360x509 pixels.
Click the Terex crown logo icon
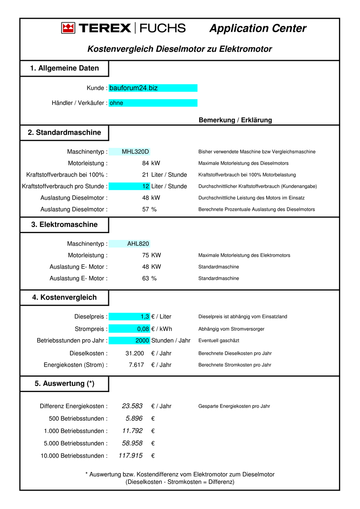pyautogui.click(x=68, y=28)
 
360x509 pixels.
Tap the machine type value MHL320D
pyautogui.click(x=135, y=152)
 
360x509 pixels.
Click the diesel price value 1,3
pyautogui.click(x=145, y=317)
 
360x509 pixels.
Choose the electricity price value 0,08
pyautogui.click(x=143, y=329)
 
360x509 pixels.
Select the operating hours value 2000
pyautogui.click(x=142, y=341)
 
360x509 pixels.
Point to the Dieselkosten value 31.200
pyautogui.click(x=134, y=354)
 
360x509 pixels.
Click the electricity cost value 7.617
pyautogui.click(x=136, y=365)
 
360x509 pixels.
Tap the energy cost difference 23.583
pyautogui.click(x=132, y=406)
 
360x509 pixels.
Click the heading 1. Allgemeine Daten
pyautogui.click(x=64, y=68)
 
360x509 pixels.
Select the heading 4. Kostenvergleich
pyautogui.click(x=64, y=297)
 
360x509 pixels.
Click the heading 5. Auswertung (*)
pyautogui.click(x=64, y=384)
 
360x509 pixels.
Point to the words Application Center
pyautogui.click(x=258, y=29)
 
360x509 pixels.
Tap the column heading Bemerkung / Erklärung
pyautogui.click(x=235, y=120)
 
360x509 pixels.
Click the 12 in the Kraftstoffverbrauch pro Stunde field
pyautogui.click(x=146, y=187)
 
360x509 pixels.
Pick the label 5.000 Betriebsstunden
pyautogui.click(x=76, y=444)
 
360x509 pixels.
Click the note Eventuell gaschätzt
pyautogui.click(x=219, y=341)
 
